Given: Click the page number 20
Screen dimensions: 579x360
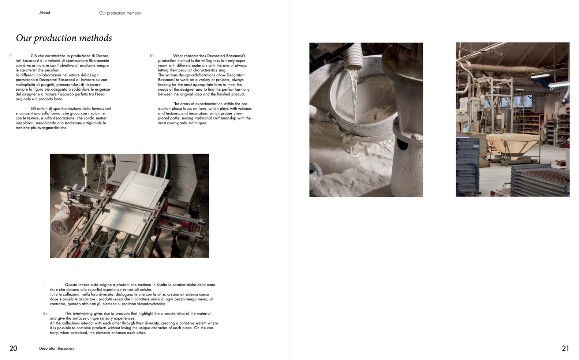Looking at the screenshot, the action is click(x=13, y=348).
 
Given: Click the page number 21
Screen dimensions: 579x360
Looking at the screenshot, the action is click(x=565, y=348).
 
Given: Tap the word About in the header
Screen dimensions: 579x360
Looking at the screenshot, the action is click(x=45, y=13).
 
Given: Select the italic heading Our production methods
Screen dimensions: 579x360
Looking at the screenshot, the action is click(x=64, y=38).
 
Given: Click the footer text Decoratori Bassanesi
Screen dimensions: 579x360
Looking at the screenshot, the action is click(x=56, y=348).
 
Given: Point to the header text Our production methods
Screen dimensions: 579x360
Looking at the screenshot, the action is click(x=120, y=13).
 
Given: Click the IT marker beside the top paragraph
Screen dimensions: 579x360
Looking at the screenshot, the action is click(x=10, y=56).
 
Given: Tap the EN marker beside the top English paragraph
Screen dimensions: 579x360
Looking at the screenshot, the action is click(x=152, y=56).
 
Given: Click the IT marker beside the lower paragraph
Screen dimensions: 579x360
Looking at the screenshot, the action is click(x=44, y=285).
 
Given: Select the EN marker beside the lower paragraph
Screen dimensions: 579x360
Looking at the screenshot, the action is click(x=44, y=314).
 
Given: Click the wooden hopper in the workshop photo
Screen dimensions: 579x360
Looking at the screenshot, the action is click(x=513, y=145).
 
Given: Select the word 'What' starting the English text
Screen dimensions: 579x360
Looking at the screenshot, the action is click(x=178, y=56).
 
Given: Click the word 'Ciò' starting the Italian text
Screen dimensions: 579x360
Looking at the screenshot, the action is click(x=34, y=56).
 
